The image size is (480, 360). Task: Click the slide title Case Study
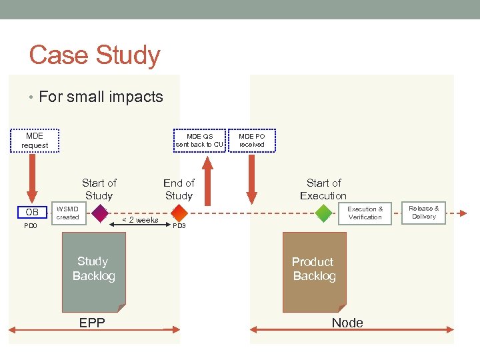[95, 55]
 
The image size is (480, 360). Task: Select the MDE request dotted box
[35, 141]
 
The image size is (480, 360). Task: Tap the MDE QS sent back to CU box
[199, 140]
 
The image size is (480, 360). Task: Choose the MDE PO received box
[251, 140]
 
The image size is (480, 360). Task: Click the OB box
[31, 213]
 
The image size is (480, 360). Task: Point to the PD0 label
[31, 226]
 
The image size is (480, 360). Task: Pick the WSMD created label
[67, 213]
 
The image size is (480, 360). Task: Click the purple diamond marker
[99, 213]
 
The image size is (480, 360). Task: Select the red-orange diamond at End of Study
[179, 213]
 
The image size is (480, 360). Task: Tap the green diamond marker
[324, 213]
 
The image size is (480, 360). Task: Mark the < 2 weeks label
[139, 220]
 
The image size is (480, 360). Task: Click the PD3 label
[179, 226]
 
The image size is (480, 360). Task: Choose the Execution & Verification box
[365, 213]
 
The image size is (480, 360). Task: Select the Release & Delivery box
[423, 213]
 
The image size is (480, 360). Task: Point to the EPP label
[92, 323]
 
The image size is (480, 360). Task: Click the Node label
[347, 323]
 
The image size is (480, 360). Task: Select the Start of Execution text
[323, 189]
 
